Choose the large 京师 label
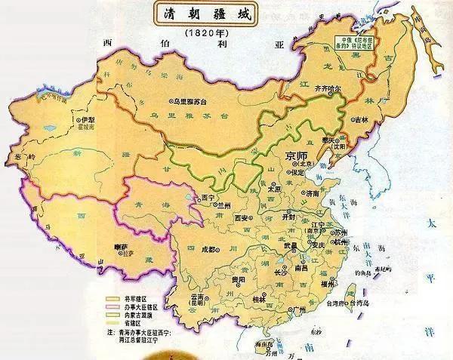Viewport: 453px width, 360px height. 297,155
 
